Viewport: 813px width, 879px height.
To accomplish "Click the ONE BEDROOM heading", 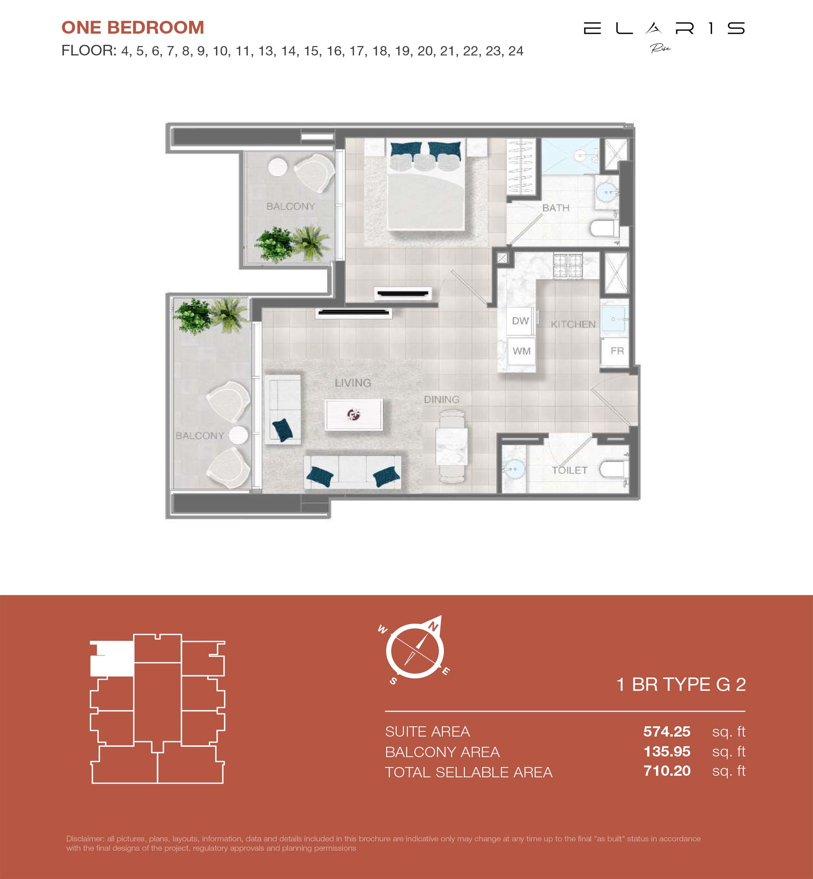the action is coord(133,27).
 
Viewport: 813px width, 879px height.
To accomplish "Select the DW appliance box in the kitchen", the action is coord(521,321).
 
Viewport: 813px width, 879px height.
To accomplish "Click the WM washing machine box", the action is coord(521,351).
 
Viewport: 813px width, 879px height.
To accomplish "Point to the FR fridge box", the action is coord(617,351).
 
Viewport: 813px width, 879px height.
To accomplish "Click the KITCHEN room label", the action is coord(573,324).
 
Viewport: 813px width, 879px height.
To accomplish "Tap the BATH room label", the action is coord(556,208).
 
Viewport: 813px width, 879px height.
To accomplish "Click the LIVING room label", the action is coord(353,383).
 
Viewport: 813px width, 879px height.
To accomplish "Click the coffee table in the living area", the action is coord(354,414).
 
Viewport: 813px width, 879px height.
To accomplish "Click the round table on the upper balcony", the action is coord(278,167).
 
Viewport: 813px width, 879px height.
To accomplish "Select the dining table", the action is coord(452,446).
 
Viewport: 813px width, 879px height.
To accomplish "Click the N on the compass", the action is coord(433,627).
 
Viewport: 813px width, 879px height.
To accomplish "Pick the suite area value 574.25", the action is coord(667,731).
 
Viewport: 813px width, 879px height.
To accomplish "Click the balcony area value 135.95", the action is coord(667,751).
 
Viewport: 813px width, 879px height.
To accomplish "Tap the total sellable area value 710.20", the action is coord(667,771).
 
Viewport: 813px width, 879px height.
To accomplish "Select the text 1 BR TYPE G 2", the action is coord(681,684).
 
